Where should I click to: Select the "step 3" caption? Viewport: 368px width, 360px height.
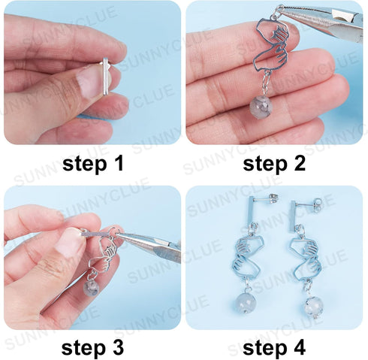pos(92,346)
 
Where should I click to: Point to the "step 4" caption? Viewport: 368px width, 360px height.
pos(276,346)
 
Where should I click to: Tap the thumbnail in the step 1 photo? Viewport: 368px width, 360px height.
pos(91,81)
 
